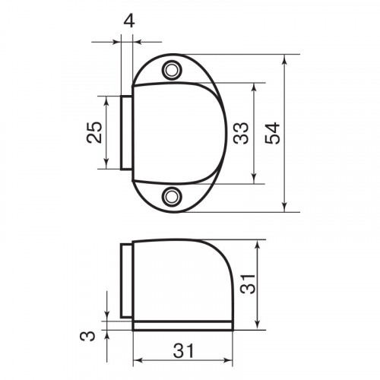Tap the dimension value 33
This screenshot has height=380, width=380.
(241, 134)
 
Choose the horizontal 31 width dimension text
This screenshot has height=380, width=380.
(182, 350)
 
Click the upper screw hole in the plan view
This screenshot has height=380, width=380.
(174, 71)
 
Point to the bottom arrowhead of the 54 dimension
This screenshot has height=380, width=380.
(284, 209)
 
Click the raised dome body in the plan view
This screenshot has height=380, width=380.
(179, 134)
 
